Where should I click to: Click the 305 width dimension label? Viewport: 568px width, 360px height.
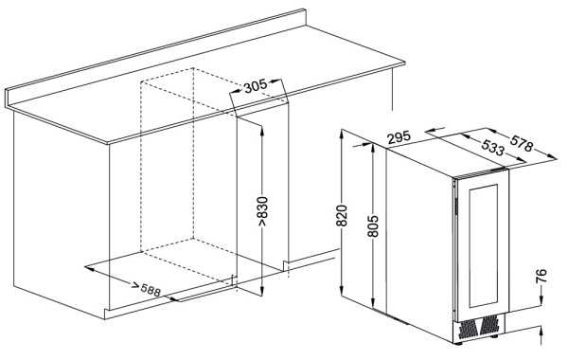tap(256, 86)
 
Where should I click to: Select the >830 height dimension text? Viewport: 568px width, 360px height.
tap(262, 211)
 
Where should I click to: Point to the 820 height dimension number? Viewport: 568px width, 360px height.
tap(342, 216)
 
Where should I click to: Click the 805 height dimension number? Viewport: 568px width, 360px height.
tap(373, 226)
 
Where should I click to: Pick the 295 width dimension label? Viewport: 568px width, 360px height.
tap(399, 137)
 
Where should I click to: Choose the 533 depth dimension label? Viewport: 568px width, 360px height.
tap(493, 147)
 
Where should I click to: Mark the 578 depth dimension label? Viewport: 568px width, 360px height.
tap(522, 142)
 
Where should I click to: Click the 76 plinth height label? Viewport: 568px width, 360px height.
tap(541, 276)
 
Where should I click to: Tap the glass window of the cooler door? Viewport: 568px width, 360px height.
tap(484, 245)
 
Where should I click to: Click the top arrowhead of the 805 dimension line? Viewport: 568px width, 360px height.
tap(373, 149)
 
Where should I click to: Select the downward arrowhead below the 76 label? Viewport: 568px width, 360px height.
tap(541, 299)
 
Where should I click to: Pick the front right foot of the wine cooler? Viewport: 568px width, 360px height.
tap(494, 336)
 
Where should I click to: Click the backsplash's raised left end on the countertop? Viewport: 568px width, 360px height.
tap(7, 98)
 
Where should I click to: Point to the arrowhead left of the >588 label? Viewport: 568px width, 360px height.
tap(89, 269)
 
